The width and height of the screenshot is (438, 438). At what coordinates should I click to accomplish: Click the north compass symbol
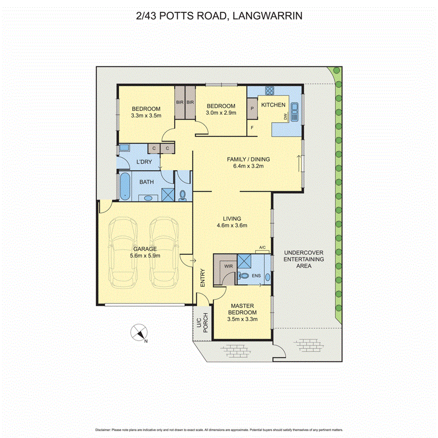139,333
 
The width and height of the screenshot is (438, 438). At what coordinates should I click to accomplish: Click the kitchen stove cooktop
269,91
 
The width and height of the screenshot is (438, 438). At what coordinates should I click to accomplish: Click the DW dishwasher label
286,116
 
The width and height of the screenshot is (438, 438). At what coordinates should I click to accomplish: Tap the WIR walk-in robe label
228,266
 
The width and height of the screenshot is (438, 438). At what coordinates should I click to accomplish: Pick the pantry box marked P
253,109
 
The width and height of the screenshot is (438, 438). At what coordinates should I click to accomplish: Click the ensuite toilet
244,275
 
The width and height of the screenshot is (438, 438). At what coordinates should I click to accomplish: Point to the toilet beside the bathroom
183,195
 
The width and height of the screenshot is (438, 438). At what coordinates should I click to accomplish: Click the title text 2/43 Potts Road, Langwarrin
219,16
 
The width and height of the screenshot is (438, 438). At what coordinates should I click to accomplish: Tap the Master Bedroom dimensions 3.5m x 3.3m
241,319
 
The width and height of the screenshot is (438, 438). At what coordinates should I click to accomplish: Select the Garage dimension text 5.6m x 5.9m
145,255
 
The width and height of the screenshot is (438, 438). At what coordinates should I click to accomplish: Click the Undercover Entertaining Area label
304,259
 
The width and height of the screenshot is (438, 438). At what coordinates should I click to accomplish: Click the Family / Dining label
248,159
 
